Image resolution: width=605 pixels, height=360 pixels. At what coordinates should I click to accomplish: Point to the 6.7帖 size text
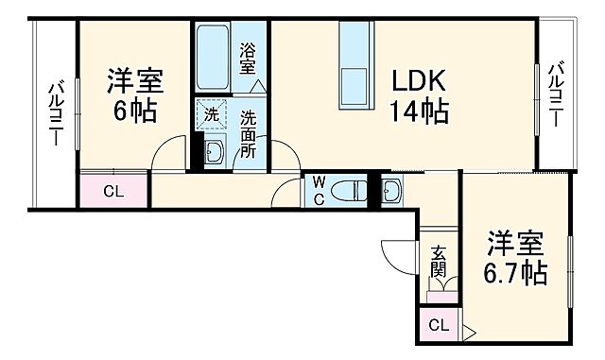[x=516, y=274]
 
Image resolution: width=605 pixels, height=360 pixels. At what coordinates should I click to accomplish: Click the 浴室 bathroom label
[x=248, y=59]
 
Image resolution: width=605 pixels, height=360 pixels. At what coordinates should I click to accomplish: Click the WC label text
[x=319, y=188]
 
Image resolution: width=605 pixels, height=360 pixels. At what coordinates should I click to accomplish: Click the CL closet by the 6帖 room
[x=113, y=190]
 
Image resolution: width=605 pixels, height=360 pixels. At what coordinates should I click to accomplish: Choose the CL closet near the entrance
[x=438, y=327]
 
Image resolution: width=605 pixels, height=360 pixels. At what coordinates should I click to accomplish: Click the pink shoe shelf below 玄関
[x=439, y=296]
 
